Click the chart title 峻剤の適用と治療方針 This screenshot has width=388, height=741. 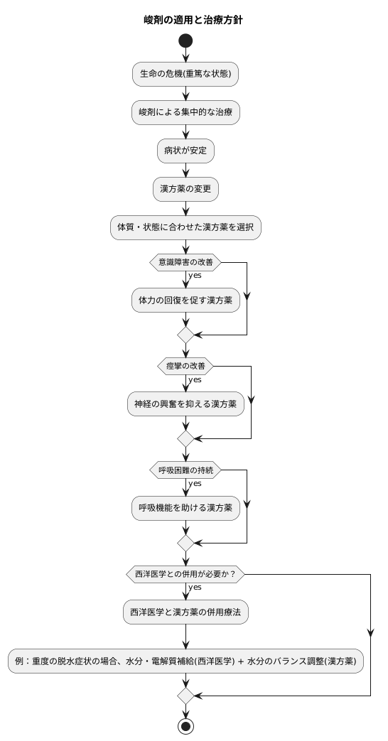(193, 20)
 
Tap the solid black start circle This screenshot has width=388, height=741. (185, 41)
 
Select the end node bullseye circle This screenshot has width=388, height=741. (185, 726)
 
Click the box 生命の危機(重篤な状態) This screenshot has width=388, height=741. (185, 74)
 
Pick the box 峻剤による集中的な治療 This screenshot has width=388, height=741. (185, 113)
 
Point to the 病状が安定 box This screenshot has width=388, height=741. (185, 151)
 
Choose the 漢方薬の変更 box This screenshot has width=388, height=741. (185, 189)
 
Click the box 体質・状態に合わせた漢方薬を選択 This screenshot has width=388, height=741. (185, 227)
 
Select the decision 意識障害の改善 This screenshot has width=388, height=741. (185, 262)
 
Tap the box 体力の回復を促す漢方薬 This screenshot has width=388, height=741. (185, 300)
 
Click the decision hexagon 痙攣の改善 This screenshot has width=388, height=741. (185, 366)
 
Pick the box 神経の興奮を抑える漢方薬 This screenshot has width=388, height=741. (185, 404)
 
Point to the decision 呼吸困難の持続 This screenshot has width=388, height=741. (185, 470)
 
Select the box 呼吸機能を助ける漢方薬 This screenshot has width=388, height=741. (185, 508)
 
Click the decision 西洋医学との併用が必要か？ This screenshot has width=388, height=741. (185, 574)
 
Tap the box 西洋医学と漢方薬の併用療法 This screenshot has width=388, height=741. (185, 612)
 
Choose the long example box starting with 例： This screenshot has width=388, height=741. (185, 661)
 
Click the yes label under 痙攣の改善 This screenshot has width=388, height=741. (195, 379)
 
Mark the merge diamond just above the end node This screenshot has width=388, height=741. (185, 696)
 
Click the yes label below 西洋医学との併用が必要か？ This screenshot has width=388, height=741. (195, 588)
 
